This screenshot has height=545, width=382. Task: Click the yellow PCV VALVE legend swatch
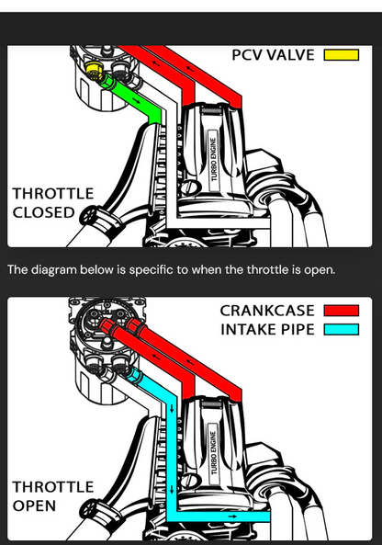point(342,55)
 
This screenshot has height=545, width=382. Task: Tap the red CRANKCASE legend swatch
point(342,311)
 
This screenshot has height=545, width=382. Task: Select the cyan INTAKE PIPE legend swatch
point(342,329)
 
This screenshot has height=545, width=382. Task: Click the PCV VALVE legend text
point(273,55)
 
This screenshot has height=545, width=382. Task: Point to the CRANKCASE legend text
point(267,311)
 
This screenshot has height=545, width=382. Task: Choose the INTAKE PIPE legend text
point(267,329)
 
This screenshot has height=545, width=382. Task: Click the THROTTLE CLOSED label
point(53,203)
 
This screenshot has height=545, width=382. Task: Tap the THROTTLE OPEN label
point(53,496)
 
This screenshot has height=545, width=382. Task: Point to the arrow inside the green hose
point(136,100)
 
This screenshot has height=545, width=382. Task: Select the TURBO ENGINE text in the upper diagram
point(213,159)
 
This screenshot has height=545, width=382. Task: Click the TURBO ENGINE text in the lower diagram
point(213,452)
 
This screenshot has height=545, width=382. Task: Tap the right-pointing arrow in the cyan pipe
point(232,517)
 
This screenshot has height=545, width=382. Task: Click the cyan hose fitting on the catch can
point(135,376)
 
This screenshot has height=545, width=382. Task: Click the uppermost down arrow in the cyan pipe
point(172,409)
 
